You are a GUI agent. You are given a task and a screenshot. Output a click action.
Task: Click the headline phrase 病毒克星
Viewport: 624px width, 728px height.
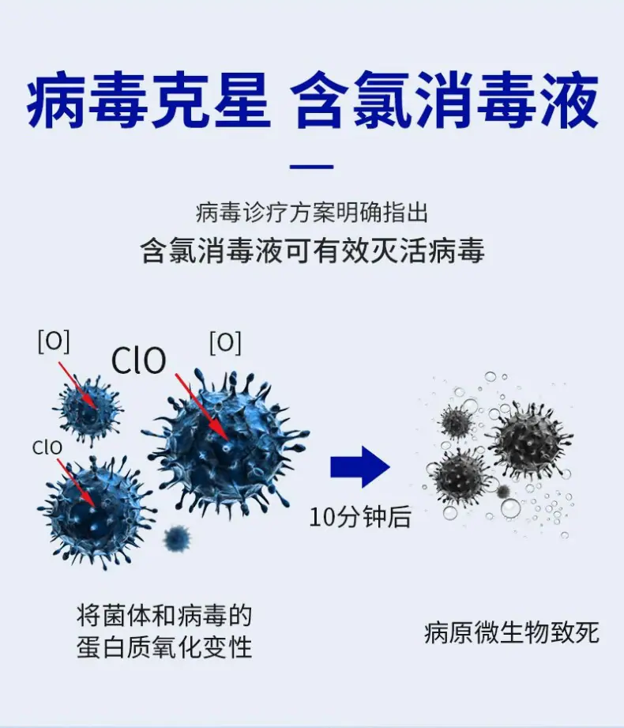[x=148, y=100]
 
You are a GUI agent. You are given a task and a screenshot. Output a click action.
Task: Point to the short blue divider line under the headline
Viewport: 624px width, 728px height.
[x=312, y=166]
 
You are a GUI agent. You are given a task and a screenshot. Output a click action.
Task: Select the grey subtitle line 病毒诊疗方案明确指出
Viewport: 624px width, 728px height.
[x=312, y=213]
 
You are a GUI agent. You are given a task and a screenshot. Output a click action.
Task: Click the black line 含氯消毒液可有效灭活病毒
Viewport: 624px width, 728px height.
[x=312, y=251]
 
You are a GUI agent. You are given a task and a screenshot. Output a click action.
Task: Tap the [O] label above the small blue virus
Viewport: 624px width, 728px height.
[x=54, y=341]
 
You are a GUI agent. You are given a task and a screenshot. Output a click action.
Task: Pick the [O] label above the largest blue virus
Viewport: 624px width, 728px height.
[x=225, y=343]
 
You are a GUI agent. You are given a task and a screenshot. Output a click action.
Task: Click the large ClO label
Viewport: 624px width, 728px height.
[x=139, y=360]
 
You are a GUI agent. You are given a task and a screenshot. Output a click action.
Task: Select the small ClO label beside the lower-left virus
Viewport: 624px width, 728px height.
[x=47, y=447]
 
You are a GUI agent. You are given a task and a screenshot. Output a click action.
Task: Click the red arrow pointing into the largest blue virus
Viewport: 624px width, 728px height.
[x=201, y=407]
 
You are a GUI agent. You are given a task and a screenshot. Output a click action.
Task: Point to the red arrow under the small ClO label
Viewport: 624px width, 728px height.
[x=77, y=483]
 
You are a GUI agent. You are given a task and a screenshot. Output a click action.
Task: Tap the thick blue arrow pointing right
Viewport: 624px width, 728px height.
[x=360, y=467]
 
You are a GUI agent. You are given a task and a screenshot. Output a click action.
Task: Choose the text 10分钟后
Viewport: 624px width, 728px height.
[x=360, y=517]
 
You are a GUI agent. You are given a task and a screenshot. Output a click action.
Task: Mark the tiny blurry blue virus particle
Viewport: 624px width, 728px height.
[x=177, y=538]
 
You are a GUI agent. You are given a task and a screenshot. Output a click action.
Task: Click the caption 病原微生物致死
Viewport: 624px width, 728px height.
[x=512, y=633]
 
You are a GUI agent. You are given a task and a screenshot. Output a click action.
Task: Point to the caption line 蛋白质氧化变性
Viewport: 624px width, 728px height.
[x=165, y=647]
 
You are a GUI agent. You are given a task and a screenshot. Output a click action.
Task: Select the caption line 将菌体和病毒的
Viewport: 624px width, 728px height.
[x=165, y=616]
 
